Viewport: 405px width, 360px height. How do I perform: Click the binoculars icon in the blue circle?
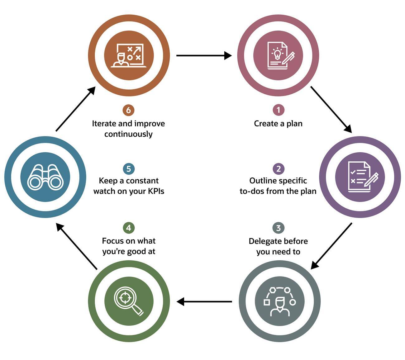(x=45, y=177)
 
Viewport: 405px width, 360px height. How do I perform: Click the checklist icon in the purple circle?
(x=360, y=177)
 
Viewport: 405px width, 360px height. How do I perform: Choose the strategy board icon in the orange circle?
(x=129, y=55)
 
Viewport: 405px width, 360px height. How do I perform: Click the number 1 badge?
(x=278, y=110)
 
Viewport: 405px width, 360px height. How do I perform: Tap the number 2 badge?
(x=278, y=169)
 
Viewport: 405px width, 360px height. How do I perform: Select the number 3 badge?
(x=278, y=228)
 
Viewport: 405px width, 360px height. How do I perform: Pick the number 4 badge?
(x=129, y=228)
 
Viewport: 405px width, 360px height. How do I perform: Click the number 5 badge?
(x=129, y=169)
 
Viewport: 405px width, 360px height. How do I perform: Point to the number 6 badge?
(x=128, y=110)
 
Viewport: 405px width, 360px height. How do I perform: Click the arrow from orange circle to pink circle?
(x=204, y=56)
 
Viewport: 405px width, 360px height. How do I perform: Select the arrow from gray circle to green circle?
(x=204, y=301)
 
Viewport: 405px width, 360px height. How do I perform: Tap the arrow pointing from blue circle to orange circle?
(x=75, y=109)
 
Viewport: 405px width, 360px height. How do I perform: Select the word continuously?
(x=128, y=134)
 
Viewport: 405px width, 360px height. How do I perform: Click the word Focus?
(x=113, y=241)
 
